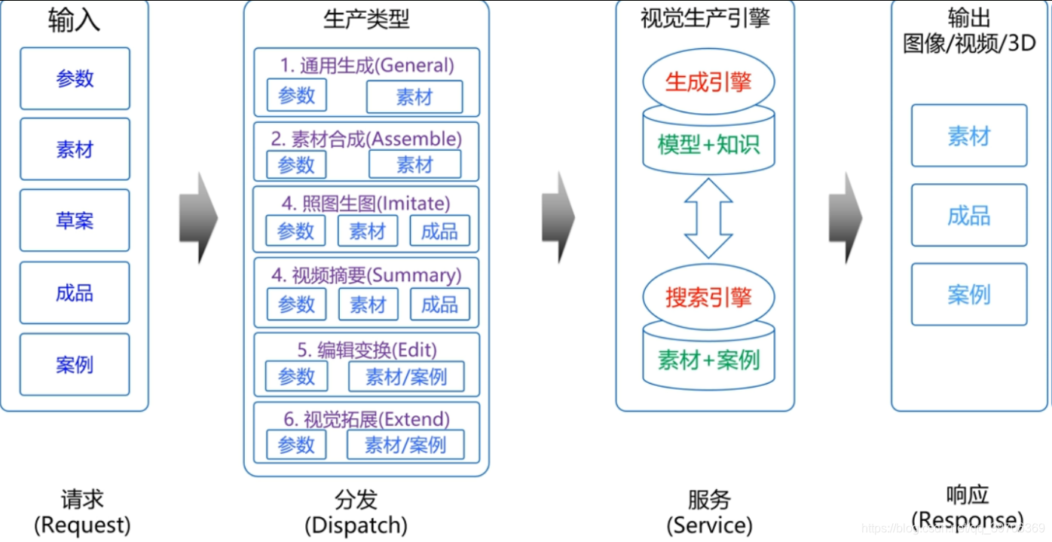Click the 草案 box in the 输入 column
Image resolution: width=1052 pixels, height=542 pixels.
[x=75, y=221]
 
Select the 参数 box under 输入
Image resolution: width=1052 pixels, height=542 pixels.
[x=75, y=78]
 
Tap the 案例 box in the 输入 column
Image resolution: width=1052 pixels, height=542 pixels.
[x=75, y=365]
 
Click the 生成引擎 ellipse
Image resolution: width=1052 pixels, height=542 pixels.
[x=708, y=81]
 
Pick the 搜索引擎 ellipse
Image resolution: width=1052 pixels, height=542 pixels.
[x=708, y=297]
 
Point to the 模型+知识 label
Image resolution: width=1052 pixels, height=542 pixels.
[x=708, y=145]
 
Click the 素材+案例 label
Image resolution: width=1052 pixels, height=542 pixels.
[x=708, y=360]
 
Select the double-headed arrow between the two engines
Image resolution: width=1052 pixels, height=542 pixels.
[x=708, y=219]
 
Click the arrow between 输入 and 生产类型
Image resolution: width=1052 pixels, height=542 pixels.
[x=198, y=218]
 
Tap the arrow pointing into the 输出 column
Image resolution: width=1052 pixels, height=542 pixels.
[x=845, y=218]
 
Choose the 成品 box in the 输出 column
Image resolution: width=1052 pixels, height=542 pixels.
[x=968, y=216]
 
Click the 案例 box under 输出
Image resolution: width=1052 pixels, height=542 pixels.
[x=968, y=294]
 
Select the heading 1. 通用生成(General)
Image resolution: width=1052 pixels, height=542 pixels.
[x=367, y=65]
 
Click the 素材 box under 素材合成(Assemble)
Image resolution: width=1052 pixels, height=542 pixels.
[x=414, y=164]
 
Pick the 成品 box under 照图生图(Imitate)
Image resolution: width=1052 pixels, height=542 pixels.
[x=439, y=231]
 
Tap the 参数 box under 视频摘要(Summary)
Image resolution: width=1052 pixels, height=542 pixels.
[x=296, y=305]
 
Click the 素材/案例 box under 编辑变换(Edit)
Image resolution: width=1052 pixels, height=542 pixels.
[x=406, y=376]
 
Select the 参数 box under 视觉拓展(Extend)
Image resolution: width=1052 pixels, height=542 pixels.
[x=296, y=445]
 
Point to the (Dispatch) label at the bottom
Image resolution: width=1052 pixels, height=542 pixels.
[x=356, y=525]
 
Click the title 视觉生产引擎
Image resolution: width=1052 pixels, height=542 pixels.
[x=705, y=18]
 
